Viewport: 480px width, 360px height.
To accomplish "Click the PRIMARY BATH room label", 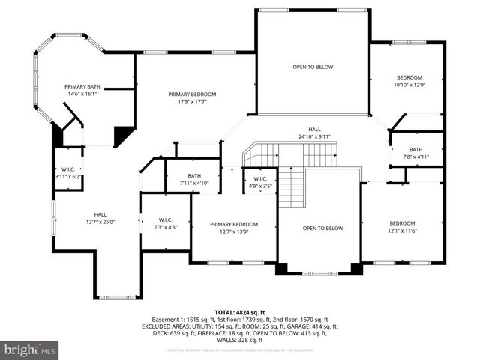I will [82, 87].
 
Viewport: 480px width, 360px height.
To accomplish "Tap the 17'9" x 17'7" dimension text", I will [192, 101].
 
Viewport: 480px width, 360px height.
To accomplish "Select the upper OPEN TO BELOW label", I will [313, 67].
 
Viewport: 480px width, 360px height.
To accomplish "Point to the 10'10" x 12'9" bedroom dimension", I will [409, 85].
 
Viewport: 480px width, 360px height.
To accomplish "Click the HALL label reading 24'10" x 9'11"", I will [313, 136].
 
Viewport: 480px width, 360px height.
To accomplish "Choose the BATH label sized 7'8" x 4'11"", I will [415, 157].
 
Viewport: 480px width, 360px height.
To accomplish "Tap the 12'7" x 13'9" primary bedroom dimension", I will [234, 232].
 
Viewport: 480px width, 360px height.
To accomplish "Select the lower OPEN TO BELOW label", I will [322, 228].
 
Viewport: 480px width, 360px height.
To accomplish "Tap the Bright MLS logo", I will [30, 349].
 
